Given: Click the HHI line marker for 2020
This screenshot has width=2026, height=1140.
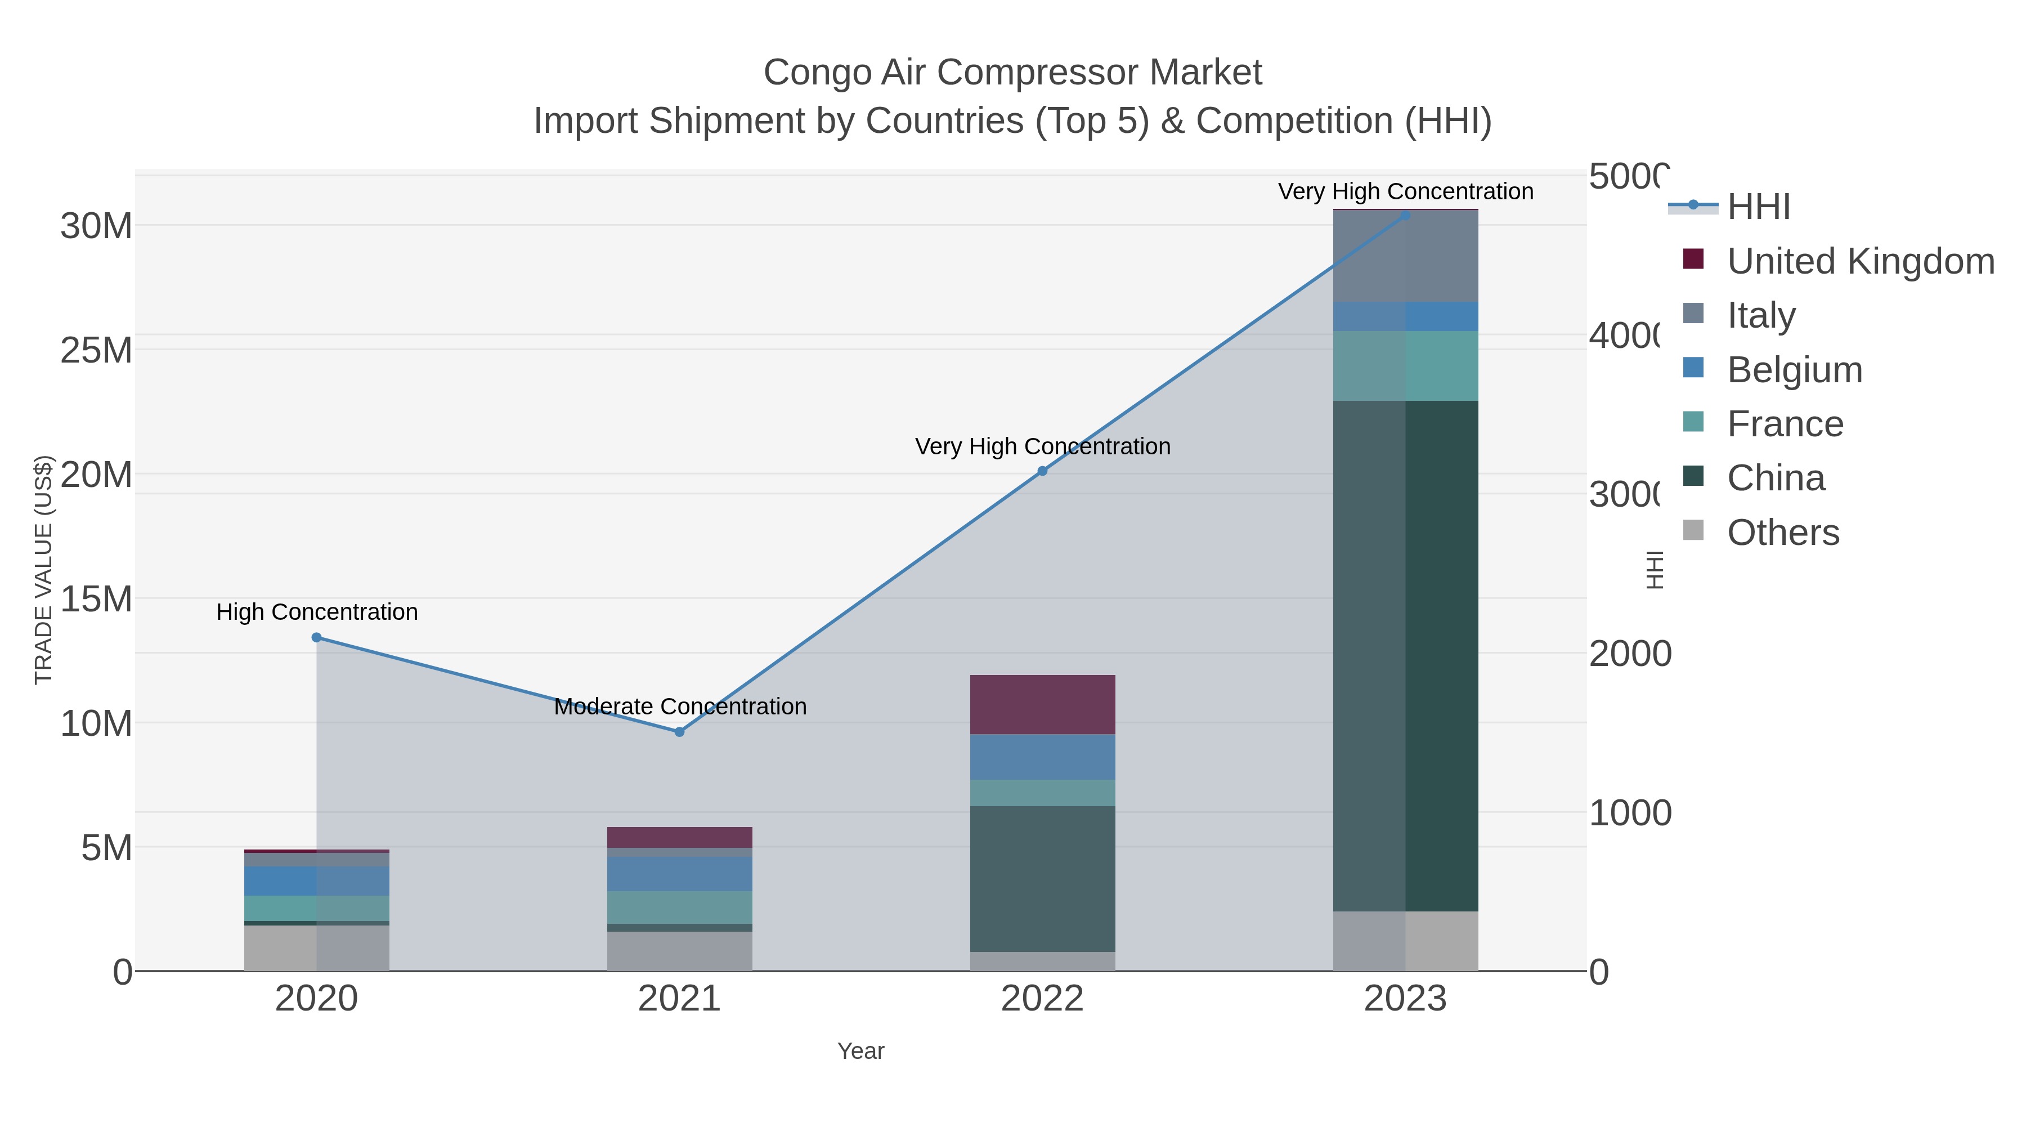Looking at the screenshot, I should [x=316, y=637].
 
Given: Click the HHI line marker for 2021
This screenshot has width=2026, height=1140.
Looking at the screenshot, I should [x=679, y=732].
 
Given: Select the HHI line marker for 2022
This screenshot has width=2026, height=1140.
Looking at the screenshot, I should [x=1042, y=471].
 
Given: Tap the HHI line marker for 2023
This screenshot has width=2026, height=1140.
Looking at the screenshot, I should [x=1405, y=215].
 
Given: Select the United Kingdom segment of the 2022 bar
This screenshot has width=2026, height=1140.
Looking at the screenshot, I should [x=1042, y=704].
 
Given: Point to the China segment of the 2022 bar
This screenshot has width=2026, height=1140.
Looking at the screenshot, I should [x=1042, y=878].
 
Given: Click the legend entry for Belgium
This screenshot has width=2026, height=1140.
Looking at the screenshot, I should [x=1794, y=370].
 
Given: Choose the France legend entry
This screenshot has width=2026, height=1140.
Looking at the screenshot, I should [x=1785, y=424].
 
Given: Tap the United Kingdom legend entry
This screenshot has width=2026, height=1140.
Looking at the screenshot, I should [x=1860, y=261].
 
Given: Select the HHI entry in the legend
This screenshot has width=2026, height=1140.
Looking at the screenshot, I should [x=1759, y=207].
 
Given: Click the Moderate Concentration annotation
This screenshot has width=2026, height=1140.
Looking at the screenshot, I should [x=679, y=707].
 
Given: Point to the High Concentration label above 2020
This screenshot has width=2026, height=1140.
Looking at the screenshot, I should [x=316, y=612].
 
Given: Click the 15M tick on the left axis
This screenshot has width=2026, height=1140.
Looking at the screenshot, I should [x=96, y=600].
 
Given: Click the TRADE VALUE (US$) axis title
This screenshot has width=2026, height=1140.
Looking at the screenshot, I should [x=44, y=570].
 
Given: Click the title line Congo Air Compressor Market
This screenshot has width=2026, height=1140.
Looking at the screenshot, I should [x=1012, y=73].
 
